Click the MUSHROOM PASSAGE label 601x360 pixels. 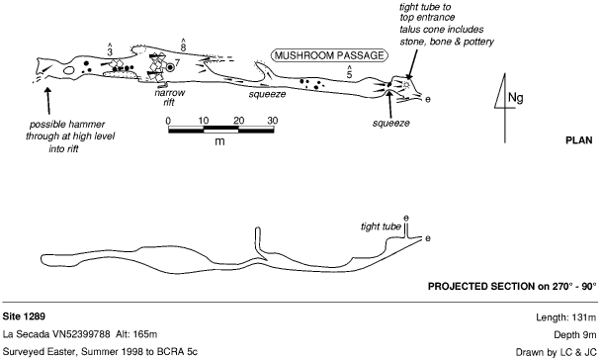[x=329, y=55]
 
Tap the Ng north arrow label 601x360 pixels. [x=516, y=98]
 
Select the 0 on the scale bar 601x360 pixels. [x=168, y=121]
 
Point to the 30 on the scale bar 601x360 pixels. [x=273, y=121]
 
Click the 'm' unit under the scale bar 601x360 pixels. [x=219, y=141]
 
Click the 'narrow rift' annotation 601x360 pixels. [x=169, y=97]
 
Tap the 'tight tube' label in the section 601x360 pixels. [x=381, y=226]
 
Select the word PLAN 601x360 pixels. [x=579, y=140]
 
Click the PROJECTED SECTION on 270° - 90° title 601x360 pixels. [x=512, y=287]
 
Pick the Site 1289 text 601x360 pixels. [x=24, y=316]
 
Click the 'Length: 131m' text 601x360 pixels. [x=566, y=317]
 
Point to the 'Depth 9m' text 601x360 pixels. [x=575, y=334]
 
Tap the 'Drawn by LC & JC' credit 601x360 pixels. [x=557, y=352]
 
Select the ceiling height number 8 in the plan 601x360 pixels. [x=183, y=47]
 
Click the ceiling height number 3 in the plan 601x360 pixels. [x=110, y=51]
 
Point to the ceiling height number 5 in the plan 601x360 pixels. [x=349, y=74]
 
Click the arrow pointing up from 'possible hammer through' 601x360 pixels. [x=48, y=101]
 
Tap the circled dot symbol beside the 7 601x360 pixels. [x=170, y=67]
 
